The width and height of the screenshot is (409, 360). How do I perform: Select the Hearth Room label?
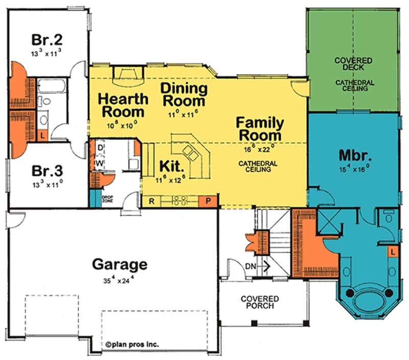point(123,104)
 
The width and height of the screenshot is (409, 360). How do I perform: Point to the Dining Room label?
point(184,94)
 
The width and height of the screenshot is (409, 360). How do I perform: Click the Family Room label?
point(259,129)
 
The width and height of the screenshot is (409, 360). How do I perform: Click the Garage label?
point(120,265)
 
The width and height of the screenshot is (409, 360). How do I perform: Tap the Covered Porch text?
point(261,302)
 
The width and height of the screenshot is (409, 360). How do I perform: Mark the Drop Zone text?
point(107,199)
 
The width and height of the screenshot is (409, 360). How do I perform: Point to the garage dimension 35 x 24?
point(120,280)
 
